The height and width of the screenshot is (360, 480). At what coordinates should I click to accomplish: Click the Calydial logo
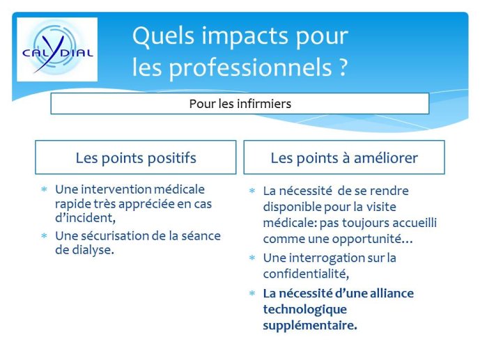coord(57,49)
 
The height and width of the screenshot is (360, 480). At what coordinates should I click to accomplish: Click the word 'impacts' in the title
coord(245,36)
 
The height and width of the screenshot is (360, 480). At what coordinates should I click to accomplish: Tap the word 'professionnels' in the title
coord(251,68)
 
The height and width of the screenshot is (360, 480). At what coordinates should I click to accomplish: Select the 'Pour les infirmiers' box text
coord(240,104)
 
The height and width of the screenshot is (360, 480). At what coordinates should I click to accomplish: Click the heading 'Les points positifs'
coord(136,158)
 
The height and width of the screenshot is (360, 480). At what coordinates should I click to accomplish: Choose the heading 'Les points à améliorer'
coord(344,158)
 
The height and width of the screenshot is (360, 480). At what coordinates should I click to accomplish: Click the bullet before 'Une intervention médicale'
coord(44,189)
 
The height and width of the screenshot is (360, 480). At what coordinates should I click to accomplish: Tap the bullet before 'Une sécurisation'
coord(44,236)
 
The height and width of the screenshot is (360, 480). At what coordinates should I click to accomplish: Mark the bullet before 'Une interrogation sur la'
coord(252,258)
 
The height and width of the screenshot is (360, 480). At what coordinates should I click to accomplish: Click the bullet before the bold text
coord(252,293)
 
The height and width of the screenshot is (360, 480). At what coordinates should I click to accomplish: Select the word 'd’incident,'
coord(86,218)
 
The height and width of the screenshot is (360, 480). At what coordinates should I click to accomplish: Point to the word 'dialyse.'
coord(93,250)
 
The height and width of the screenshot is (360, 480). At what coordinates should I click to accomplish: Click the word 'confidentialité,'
coord(306,274)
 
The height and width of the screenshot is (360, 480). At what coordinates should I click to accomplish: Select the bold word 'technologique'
coord(305,310)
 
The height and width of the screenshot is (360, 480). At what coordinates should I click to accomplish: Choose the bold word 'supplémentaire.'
coord(310,325)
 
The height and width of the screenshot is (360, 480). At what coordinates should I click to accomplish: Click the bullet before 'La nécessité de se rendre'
coord(252,191)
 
